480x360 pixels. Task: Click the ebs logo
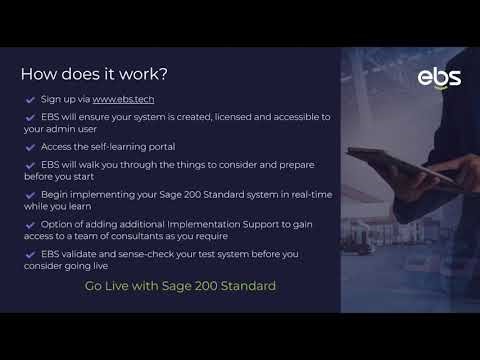tap(439, 78)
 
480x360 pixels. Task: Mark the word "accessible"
tap(288, 117)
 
